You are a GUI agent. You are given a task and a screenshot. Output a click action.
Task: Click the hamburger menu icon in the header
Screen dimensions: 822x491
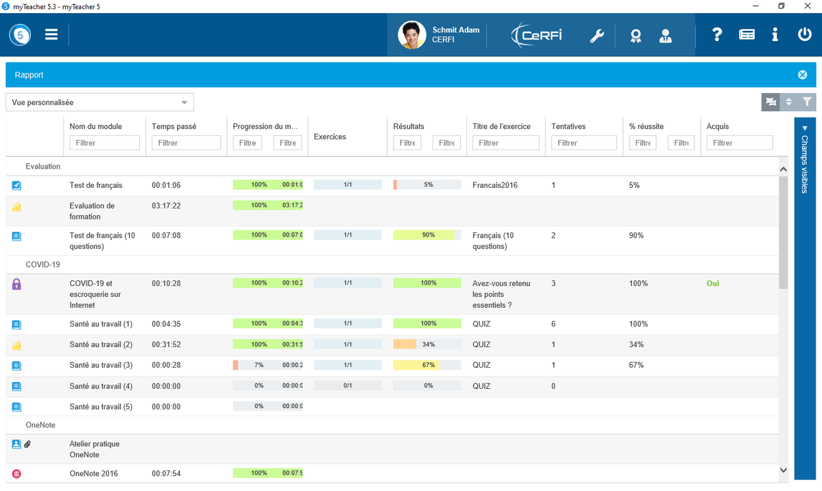51,34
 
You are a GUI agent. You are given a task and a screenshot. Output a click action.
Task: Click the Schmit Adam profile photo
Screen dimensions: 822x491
411,35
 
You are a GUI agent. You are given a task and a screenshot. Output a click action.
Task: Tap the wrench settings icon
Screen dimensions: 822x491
596,36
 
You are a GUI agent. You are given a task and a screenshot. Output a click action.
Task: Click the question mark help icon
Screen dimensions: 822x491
716,34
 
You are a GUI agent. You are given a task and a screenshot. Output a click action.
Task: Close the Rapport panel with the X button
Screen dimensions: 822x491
802,75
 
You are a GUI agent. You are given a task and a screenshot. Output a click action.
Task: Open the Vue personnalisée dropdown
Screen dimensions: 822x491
99,102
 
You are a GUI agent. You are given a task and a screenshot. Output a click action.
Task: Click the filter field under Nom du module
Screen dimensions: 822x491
104,143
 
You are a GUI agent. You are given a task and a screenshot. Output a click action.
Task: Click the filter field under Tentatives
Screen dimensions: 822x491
583,143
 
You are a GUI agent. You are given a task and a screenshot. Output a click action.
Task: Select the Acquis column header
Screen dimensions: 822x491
717,126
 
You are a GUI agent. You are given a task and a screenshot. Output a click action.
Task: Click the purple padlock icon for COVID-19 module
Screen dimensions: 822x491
16,285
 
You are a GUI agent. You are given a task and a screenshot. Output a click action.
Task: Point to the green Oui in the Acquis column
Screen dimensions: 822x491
712,283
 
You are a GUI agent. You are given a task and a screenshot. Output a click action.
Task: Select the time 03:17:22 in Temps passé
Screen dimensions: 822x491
166,206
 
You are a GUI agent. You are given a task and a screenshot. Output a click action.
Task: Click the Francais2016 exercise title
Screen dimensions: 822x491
495,185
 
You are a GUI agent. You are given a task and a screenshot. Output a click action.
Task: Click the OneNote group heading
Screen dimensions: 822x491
40,425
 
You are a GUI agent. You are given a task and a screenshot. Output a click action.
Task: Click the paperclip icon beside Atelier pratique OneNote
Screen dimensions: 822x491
27,444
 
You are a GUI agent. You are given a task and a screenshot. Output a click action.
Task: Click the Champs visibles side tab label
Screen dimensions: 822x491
805,164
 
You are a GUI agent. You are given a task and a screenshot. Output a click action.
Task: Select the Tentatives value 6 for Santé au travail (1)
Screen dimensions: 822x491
553,324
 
